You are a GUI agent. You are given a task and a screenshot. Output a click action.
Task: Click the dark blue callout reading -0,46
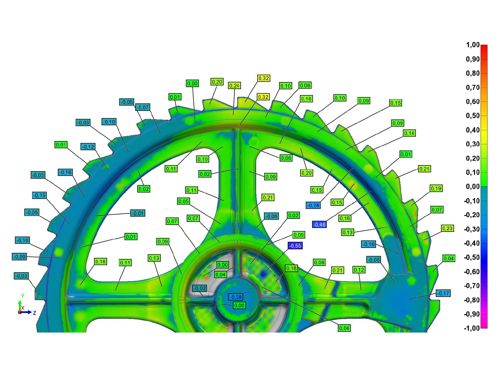pyautogui.click(x=319, y=224)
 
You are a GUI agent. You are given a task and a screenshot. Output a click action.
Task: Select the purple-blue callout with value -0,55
pyautogui.click(x=295, y=246)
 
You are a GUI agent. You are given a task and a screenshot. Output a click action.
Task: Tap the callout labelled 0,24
pyautogui.click(x=234, y=86)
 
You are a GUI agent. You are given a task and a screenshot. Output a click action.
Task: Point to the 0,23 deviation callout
pyautogui.click(x=447, y=228)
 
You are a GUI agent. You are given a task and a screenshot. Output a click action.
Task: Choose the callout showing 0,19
pyautogui.click(x=436, y=188)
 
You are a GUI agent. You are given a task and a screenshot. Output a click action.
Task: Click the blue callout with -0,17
pyautogui.click(x=443, y=293)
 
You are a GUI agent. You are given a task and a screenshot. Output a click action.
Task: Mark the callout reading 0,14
pyautogui.click(x=409, y=133)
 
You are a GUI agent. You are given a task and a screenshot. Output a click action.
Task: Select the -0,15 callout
pyautogui.click(x=39, y=195)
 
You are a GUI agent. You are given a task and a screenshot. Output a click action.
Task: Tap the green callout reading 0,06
pyautogui.click(x=286, y=158)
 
